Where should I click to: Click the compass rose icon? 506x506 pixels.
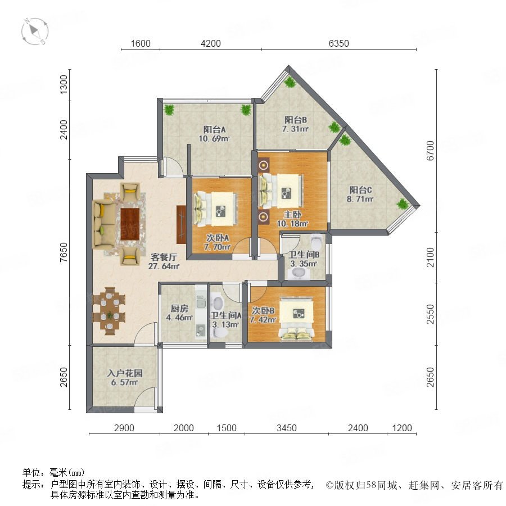pos(35,31)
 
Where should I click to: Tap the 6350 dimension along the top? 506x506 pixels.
pos(339,43)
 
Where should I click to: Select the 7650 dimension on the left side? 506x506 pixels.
pos(64,252)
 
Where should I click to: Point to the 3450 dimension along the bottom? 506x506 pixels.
pos(287,428)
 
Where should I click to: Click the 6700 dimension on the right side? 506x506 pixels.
pos(430,150)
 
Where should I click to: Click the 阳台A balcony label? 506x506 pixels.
pos(214,129)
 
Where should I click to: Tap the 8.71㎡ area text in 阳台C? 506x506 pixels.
pos(360,199)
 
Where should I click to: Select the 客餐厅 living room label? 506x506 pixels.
pos(164,257)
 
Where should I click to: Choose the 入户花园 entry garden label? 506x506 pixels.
pos(125,373)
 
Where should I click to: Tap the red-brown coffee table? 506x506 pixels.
pos(130,224)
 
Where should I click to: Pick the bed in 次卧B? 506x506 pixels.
pos(296,319)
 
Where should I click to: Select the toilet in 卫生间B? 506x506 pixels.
pos(316,241)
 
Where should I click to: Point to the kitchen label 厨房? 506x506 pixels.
pos(179,309)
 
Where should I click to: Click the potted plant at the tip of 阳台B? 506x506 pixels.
pos(290,82)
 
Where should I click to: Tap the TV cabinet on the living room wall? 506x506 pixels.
pos(182,224)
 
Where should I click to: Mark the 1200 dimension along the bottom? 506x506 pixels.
pos(402,428)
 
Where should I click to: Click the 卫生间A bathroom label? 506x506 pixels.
pos(226,315)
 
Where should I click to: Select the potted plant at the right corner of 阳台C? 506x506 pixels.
pos(403,204)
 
